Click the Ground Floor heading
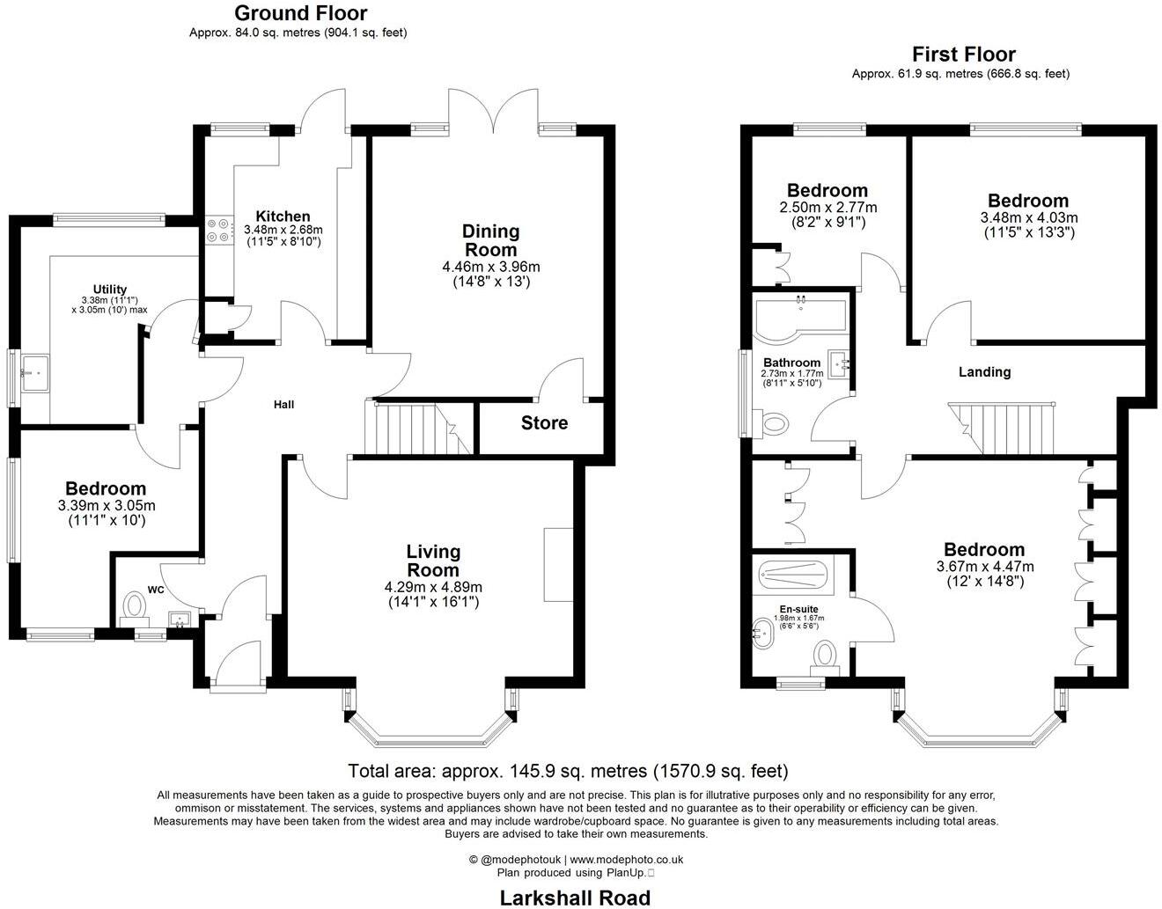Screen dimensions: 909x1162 (x=301, y=13)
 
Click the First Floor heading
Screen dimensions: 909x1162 (x=963, y=55)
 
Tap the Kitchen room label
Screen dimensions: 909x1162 (x=283, y=216)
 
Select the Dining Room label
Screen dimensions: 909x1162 (x=491, y=240)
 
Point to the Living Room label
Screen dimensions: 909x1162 (x=433, y=561)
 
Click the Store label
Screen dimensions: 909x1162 (x=544, y=423)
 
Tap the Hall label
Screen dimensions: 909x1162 (x=283, y=405)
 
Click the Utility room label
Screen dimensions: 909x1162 (x=110, y=290)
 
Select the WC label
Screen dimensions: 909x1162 (x=157, y=590)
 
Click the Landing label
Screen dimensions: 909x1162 (x=984, y=372)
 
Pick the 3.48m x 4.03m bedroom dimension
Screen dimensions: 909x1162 (x=1028, y=218)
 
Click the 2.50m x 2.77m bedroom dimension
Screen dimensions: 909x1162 (x=827, y=208)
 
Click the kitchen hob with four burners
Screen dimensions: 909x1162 (x=217, y=230)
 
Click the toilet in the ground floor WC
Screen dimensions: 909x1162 (x=134, y=606)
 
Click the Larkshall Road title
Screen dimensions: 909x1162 (x=575, y=898)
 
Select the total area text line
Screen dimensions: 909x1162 (x=568, y=771)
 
